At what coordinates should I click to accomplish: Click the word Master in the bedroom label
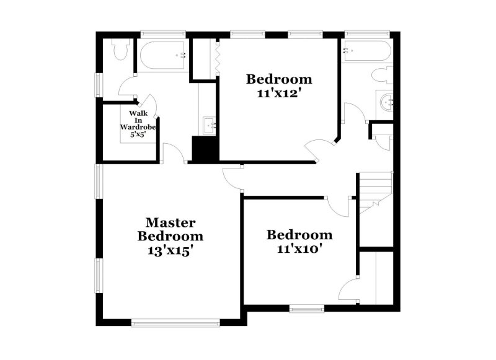click(x=170, y=222)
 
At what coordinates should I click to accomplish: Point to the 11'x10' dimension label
click(x=299, y=249)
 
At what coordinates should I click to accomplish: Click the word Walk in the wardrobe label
click(x=138, y=113)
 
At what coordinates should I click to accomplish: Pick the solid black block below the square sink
click(x=203, y=149)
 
